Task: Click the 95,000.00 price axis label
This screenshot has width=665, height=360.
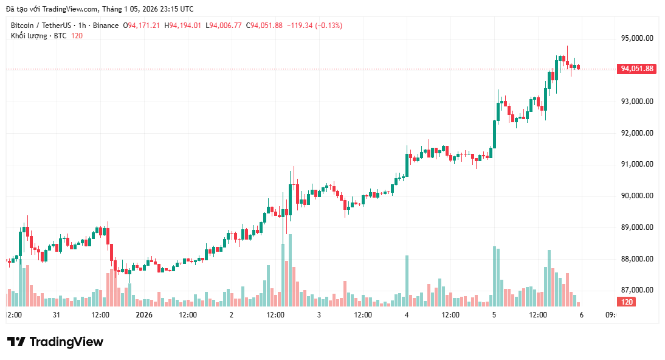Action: click(636, 38)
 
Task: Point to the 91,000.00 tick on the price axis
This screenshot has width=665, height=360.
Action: click(636, 164)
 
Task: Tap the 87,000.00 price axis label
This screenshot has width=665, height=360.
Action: click(636, 290)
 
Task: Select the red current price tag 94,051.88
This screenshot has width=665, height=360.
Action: click(636, 69)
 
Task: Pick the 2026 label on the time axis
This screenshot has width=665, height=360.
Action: click(144, 315)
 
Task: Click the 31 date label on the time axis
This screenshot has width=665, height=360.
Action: click(57, 315)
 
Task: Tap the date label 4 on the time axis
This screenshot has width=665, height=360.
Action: click(406, 315)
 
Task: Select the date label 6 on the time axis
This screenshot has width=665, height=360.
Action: click(581, 315)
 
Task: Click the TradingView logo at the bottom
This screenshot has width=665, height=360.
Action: click(55, 342)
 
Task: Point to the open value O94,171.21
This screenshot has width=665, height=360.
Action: click(142, 26)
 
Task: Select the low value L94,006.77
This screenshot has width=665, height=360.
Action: click(224, 26)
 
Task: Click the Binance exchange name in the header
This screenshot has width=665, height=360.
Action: click(106, 26)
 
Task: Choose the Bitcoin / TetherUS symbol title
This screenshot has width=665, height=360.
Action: click(40, 26)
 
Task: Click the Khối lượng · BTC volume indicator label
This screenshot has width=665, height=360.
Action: click(38, 36)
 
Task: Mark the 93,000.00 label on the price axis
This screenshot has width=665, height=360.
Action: click(636, 101)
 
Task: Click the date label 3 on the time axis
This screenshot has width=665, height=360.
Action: click(319, 315)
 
